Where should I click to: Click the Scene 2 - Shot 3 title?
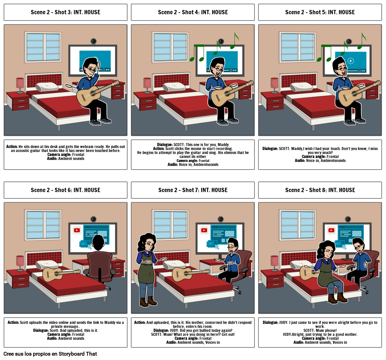point(65,12)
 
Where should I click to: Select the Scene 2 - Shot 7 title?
point(193,190)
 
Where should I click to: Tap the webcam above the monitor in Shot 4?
point(221,41)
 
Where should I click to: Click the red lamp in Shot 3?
point(20,84)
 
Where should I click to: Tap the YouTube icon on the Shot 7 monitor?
point(204,230)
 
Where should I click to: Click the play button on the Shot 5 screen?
point(351,61)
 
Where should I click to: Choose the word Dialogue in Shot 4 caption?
point(165,145)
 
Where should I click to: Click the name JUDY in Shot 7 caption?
point(165,330)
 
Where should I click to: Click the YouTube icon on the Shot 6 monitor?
point(77,230)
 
